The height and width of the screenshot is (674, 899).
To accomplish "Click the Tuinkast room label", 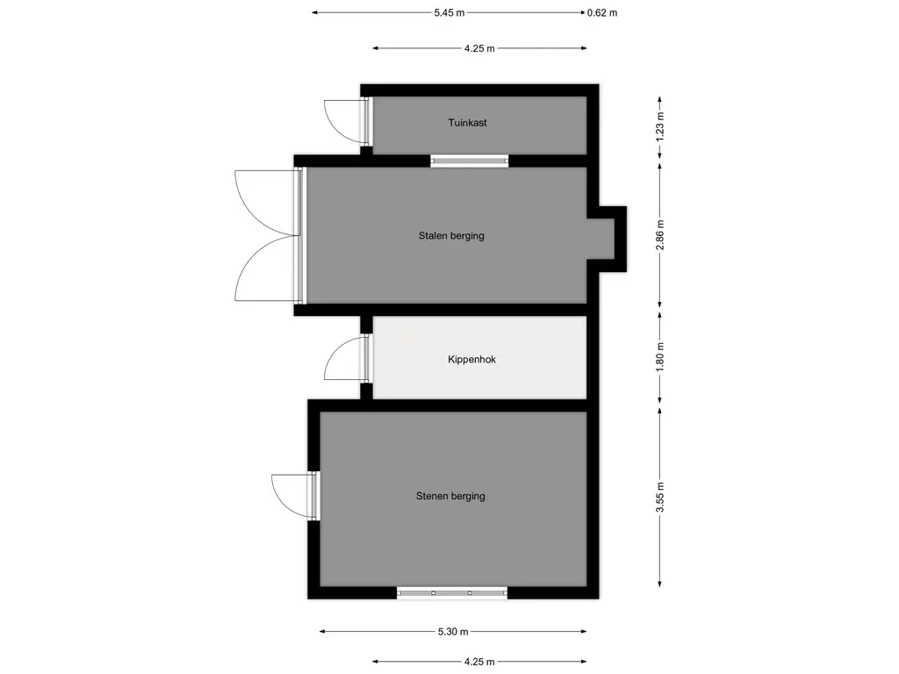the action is pyautogui.click(x=467, y=123).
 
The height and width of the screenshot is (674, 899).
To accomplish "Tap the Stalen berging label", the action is pyautogui.click(x=451, y=235).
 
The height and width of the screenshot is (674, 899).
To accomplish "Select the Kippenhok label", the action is pyautogui.click(x=471, y=359).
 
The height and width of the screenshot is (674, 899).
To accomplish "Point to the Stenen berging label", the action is pyautogui.click(x=450, y=497).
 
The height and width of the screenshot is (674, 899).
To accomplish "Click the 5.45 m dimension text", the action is pyautogui.click(x=449, y=12).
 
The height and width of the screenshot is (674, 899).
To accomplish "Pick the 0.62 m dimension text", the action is pyautogui.click(x=602, y=12).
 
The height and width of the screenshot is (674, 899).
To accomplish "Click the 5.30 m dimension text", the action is pyautogui.click(x=453, y=632).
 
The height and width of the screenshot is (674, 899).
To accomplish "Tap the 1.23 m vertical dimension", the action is pyautogui.click(x=660, y=127).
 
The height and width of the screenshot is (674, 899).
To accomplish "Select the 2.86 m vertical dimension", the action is pyautogui.click(x=660, y=235).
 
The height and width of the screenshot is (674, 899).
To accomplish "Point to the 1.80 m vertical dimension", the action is pyautogui.click(x=660, y=357).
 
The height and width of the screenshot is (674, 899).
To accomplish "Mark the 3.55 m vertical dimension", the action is pyautogui.click(x=660, y=497).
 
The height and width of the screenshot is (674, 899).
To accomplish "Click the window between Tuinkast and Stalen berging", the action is pyautogui.click(x=470, y=161).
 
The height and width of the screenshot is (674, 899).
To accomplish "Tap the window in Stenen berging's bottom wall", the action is pyautogui.click(x=452, y=592).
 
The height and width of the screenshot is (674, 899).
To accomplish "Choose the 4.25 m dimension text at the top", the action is pyautogui.click(x=479, y=49).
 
